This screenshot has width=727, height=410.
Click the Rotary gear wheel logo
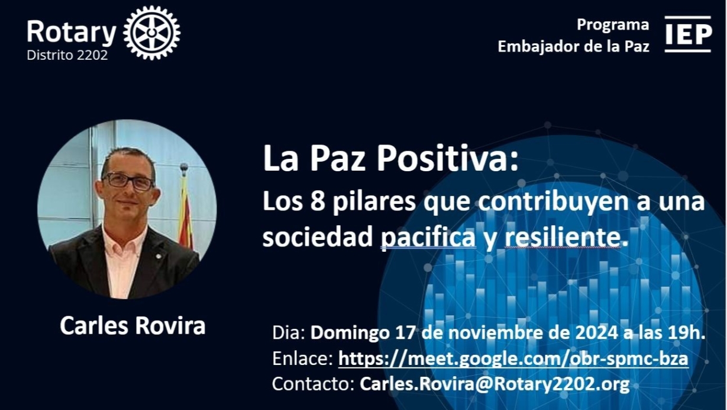pos(152,33)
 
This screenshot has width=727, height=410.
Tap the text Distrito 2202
pos(67,55)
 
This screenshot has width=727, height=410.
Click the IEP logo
pos(688,34)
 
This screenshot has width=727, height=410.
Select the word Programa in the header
pos(613,25)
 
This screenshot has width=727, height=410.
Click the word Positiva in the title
pos(447,158)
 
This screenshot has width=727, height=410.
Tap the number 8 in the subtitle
pos(318,201)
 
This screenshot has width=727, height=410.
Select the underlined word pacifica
pos(428,238)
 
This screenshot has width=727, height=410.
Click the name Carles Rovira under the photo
pos(133,325)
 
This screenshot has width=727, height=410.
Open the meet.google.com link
pos(513,358)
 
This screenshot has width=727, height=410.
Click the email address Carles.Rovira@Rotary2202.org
pos(495,384)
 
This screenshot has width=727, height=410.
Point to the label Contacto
pos(313,384)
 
